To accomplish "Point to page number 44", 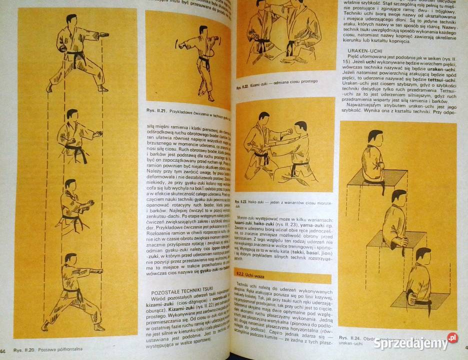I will tap(3, 348).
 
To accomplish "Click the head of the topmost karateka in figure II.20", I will tap(72, 20).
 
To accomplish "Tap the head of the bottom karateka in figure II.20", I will tap(70, 259).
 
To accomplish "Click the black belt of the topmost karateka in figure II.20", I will tap(75, 54).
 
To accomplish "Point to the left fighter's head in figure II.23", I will tap(263, 118).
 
